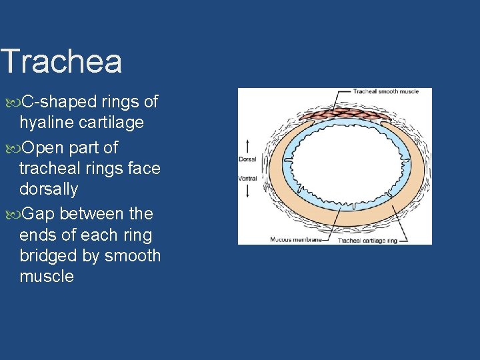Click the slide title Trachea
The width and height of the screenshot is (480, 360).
coord(61,61)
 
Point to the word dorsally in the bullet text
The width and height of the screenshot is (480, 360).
coord(49,189)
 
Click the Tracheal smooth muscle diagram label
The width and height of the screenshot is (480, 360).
coord(385,91)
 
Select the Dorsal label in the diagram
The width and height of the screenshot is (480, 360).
coord(247,159)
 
